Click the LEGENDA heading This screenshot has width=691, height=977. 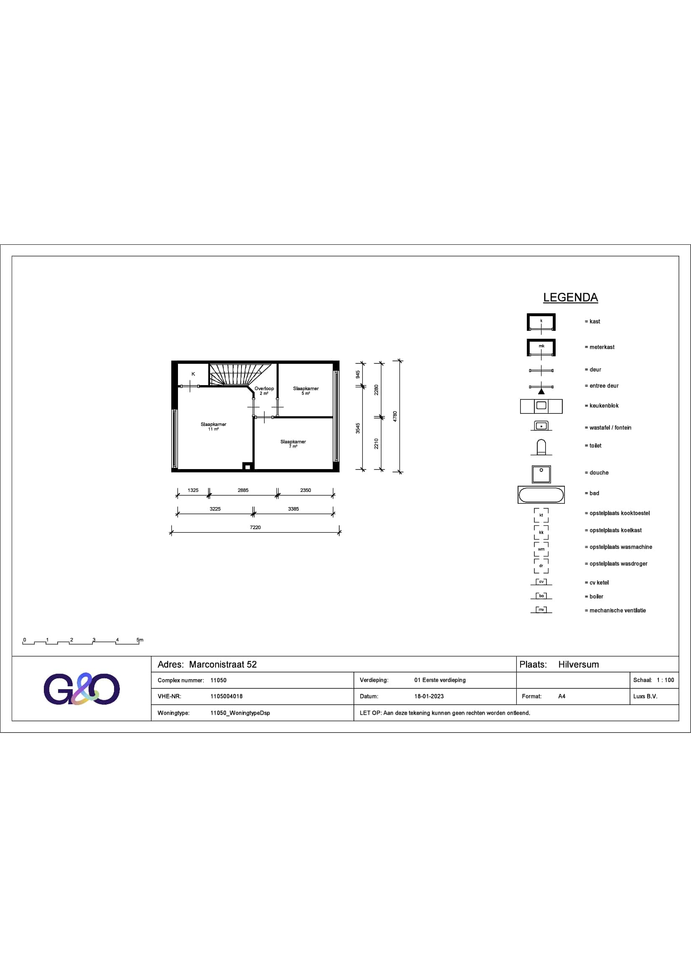tap(570, 297)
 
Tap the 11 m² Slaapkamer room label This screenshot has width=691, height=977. tap(213, 426)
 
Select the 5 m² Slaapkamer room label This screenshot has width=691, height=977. tap(306, 391)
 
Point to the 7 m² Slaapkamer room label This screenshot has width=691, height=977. tap(293, 444)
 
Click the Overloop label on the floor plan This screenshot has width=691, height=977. tap(264, 388)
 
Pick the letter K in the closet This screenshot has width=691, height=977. tap(193, 374)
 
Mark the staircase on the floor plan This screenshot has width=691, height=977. tap(241, 374)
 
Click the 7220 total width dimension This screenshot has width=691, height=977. tap(255, 527)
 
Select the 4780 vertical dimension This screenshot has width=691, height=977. tap(395, 416)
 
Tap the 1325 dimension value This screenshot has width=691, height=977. tap(193, 490)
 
